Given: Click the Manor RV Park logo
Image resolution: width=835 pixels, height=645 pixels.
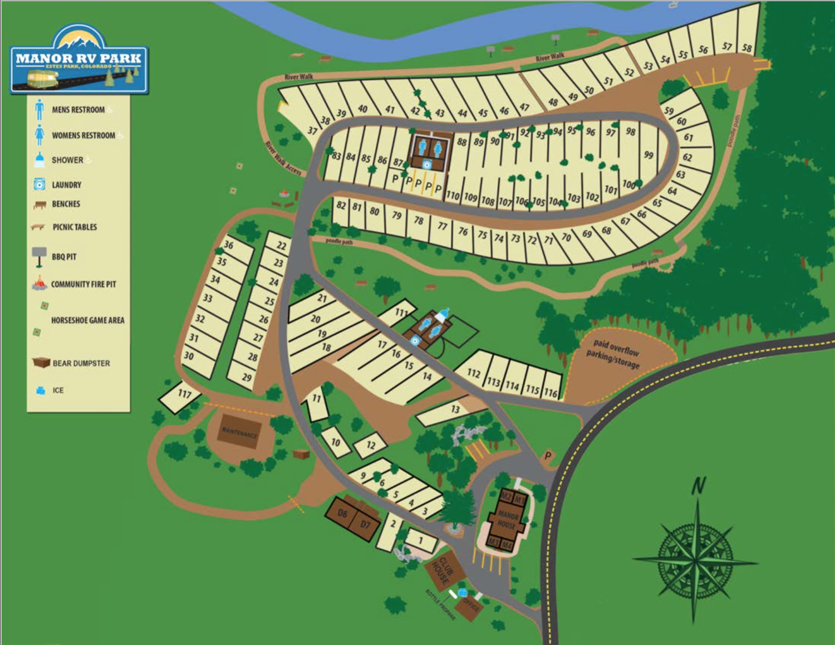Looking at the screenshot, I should tap(78, 60).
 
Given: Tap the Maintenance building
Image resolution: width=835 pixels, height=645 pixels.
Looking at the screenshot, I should tap(239, 432).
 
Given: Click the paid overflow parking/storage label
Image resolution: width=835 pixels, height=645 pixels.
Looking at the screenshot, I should tap(614, 354).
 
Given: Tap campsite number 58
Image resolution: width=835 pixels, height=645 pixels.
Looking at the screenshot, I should tap(746, 48).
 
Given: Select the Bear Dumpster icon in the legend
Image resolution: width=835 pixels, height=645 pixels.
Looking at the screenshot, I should tap(41, 363).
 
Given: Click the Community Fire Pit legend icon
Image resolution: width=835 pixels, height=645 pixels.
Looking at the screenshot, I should tap(39, 284).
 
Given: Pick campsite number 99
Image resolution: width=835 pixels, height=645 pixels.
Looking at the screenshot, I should tap(648, 155).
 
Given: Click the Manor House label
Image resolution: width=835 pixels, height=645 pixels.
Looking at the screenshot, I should tap(507, 520).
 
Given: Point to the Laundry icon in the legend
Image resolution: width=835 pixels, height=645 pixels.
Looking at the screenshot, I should tap(39, 184).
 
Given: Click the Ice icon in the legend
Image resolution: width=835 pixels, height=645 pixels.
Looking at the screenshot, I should tap(41, 390).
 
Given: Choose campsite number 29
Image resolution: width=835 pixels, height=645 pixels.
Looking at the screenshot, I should tap(247, 377).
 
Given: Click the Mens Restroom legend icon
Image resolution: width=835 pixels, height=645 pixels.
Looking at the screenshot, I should tap(39, 110).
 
